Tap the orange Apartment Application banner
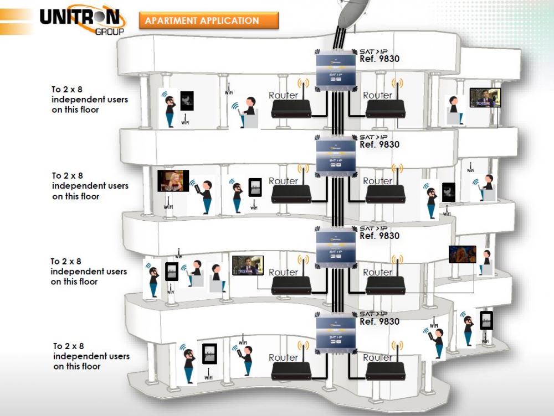click(x=208, y=21)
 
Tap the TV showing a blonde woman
click(x=173, y=181)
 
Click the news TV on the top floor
click(x=485, y=98)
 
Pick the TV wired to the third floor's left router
click(x=248, y=265)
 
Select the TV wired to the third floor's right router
click(x=462, y=254)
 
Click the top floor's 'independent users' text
click(x=90, y=100)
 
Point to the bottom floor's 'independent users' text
click(x=91, y=356)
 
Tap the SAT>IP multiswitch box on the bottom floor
click(x=335, y=335)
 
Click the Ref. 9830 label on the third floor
click(x=379, y=236)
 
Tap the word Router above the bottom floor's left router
click(x=283, y=358)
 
